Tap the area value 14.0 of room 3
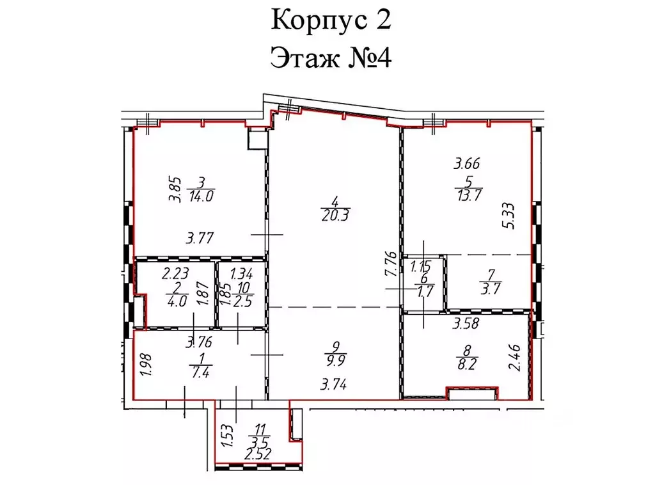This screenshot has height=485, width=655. [x=201, y=197]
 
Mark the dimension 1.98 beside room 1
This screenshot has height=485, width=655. [x=145, y=365]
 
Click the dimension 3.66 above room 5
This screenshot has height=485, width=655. [x=467, y=163]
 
